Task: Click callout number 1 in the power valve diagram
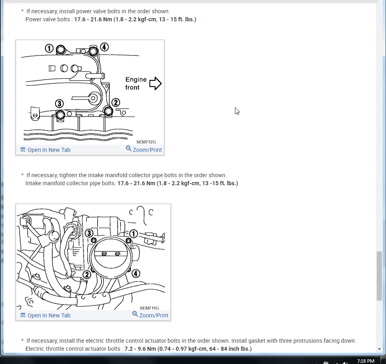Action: click(x=49, y=48)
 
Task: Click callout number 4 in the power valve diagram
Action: click(x=104, y=47)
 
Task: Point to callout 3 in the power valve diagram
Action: click(x=59, y=104)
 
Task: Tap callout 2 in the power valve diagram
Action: click(x=116, y=102)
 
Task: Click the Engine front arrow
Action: click(x=155, y=84)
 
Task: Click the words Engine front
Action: click(x=136, y=84)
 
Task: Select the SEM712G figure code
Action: click(x=146, y=142)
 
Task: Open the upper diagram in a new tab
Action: click(x=45, y=150)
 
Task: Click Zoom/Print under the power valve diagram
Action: click(x=144, y=149)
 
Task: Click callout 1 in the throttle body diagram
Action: click(x=134, y=233)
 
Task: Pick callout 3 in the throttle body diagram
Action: click(x=89, y=233)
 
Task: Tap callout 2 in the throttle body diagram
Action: click(x=87, y=274)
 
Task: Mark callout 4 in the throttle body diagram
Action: click(x=136, y=273)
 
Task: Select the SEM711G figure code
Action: click(x=149, y=308)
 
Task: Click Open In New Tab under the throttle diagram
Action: click(x=45, y=315)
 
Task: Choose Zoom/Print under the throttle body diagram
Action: click(x=150, y=315)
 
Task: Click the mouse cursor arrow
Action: click(x=237, y=111)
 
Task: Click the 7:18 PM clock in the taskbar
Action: click(x=366, y=361)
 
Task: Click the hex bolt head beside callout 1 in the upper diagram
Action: click(x=61, y=50)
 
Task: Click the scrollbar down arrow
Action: click(x=379, y=349)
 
